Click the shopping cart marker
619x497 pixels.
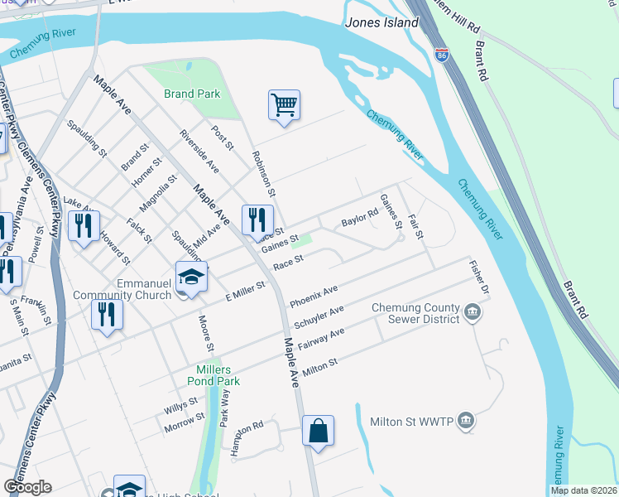(284, 105)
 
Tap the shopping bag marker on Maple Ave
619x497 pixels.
(318, 431)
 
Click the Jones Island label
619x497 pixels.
(384, 23)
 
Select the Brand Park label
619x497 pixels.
(192, 94)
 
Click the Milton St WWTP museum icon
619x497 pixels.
(467, 421)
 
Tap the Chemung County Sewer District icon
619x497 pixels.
(473, 312)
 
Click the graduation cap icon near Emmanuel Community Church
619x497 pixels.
(191, 277)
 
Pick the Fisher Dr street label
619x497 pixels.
(479, 281)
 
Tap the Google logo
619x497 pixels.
(27, 487)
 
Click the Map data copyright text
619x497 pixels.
(584, 490)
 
